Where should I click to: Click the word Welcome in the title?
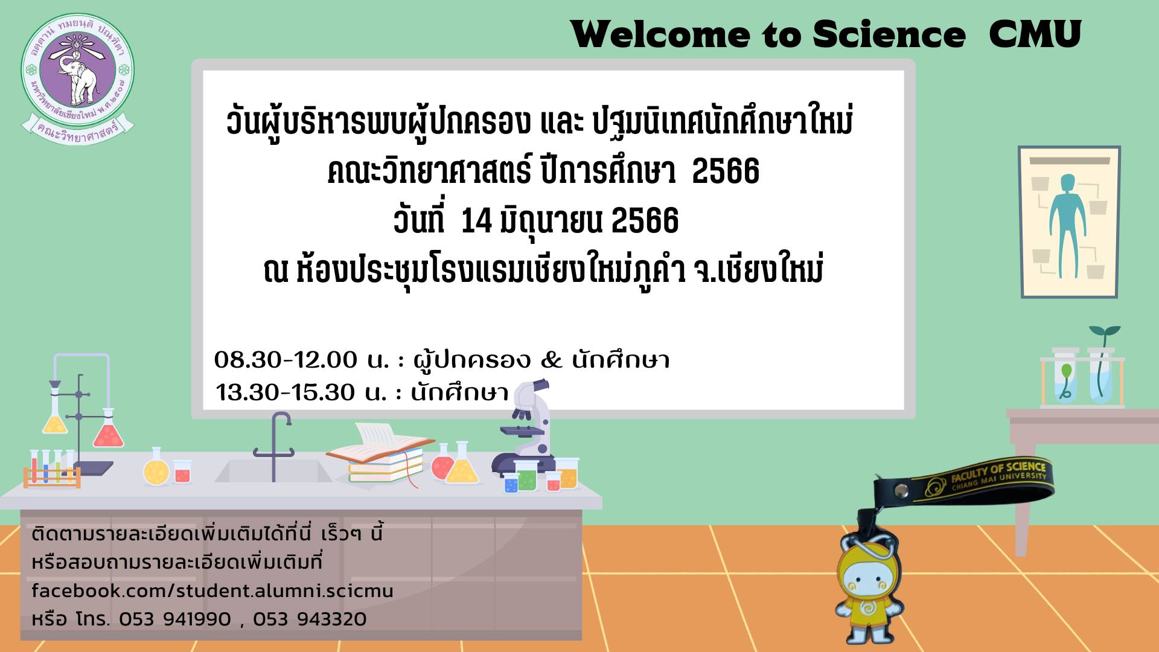661,34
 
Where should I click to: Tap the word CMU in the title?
1035,34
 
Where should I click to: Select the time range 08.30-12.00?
286,360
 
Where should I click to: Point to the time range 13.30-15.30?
286,392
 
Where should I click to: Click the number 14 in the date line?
476,220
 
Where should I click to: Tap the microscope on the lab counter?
523,426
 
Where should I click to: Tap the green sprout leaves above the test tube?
1105,332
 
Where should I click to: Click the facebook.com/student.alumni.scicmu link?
212,590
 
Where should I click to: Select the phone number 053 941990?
175,619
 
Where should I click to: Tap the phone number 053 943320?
310,619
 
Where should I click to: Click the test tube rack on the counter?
52,468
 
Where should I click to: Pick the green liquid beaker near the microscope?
526,476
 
